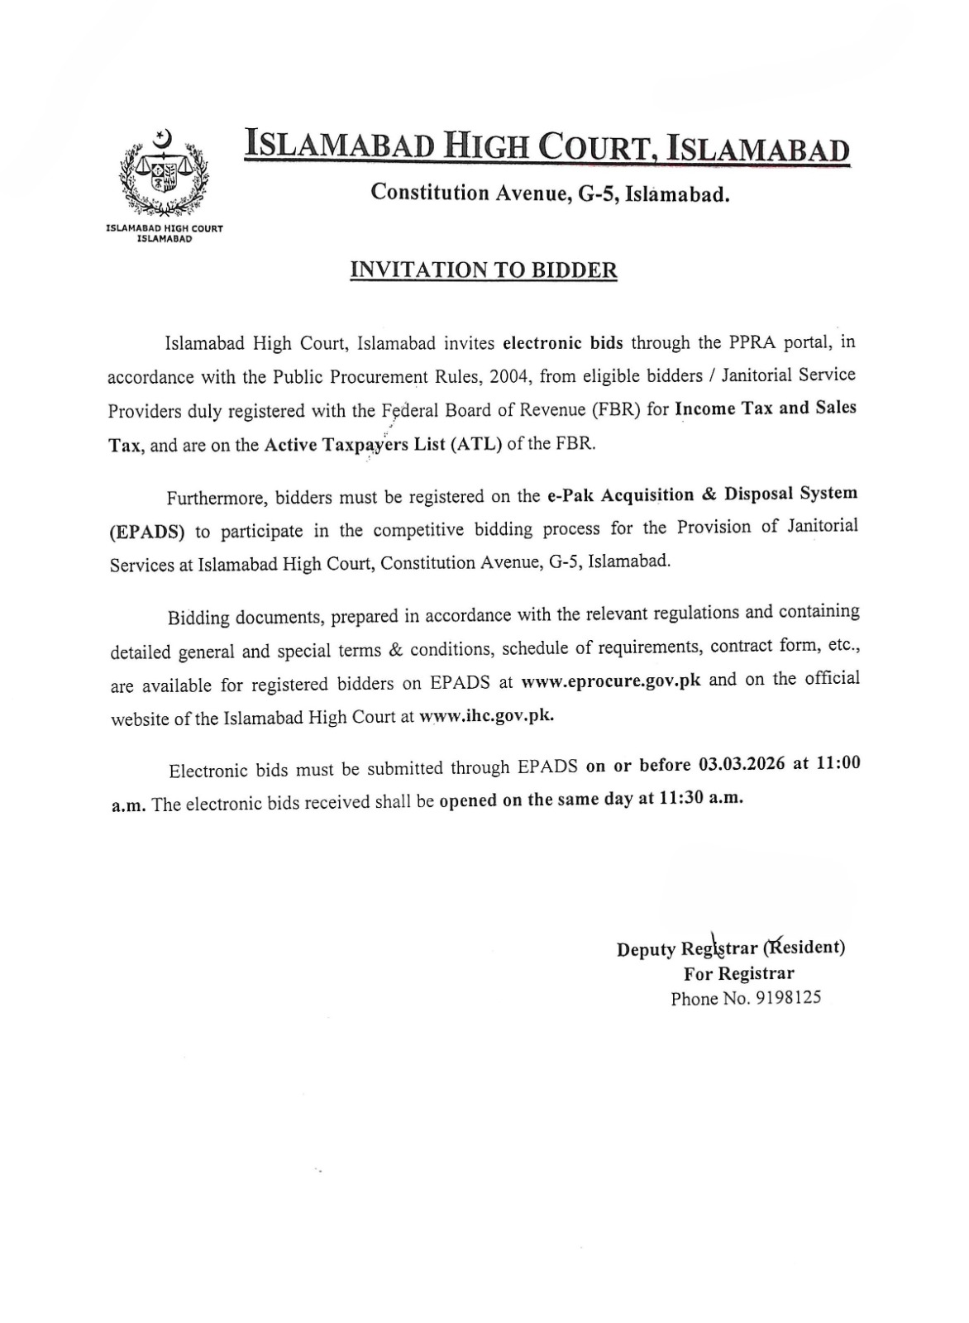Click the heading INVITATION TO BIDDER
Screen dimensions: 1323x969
(x=484, y=270)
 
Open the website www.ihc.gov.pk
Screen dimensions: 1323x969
(x=486, y=716)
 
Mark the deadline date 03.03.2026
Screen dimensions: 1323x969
(x=742, y=765)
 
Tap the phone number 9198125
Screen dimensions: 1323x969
(x=789, y=998)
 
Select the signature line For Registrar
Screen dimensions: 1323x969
(x=738, y=973)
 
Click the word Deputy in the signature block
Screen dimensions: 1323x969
(x=646, y=949)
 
